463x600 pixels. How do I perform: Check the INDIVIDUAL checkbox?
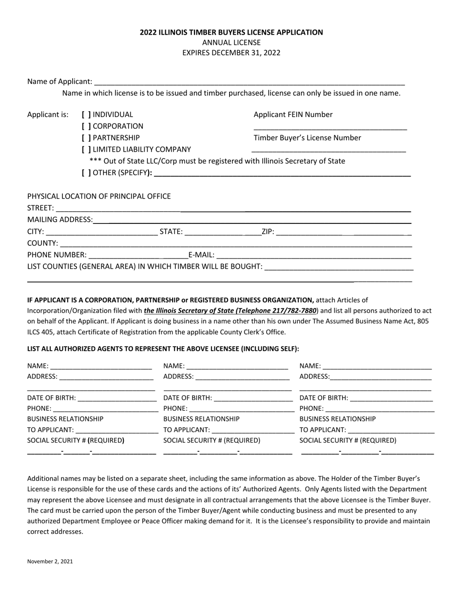point(86,115)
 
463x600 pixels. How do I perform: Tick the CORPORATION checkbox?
point(86,126)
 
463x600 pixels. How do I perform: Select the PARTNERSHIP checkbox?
point(86,138)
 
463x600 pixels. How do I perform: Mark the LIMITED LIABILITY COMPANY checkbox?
point(86,150)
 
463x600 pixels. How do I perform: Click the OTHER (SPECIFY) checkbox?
point(86,173)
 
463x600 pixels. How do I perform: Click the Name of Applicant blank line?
point(249,82)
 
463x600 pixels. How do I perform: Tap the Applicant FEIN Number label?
point(293,115)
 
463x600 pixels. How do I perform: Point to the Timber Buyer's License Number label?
point(307,138)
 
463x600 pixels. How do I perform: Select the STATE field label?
point(171,231)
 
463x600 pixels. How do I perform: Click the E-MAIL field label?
point(201,255)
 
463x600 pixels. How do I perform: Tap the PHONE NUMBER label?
point(57,255)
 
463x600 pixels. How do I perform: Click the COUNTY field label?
point(42,243)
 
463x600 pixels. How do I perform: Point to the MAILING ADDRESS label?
point(59,220)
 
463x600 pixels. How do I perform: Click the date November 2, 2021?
point(50,561)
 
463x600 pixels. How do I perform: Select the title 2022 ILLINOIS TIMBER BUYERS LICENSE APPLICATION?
point(231,32)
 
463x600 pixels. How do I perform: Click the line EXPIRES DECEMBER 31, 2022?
point(231,53)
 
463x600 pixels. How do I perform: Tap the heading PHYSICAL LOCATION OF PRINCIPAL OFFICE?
point(99,196)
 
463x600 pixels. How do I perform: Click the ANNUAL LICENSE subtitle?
point(231,42)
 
